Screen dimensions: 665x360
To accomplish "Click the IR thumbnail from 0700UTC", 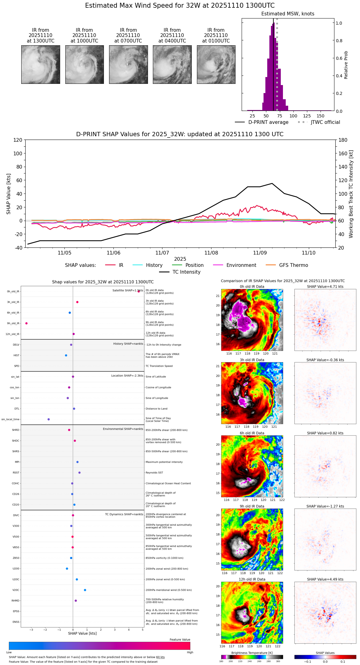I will [128, 64].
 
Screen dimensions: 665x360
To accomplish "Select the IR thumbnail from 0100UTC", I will [216, 64].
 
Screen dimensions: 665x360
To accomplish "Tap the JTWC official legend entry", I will [325, 122].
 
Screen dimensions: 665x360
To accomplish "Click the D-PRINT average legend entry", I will [268, 122].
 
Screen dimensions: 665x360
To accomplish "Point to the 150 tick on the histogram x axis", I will [321, 116].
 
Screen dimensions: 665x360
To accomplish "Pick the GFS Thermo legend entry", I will [293, 265].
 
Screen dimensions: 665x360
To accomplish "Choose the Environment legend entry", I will [241, 265].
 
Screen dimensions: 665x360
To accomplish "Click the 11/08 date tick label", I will [211, 253].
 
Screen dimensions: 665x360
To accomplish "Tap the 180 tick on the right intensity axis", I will [343, 140].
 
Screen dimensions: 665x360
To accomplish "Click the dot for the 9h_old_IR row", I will [27, 323].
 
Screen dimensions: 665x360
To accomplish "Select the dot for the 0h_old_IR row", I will [139, 291].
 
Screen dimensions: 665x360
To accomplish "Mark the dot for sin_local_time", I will [49, 419].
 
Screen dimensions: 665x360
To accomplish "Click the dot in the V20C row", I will [85, 590].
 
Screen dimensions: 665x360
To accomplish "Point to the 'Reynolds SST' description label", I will [154, 473].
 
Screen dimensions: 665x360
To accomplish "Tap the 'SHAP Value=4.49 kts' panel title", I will [325, 579].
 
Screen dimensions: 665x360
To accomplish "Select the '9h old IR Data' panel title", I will [252, 506].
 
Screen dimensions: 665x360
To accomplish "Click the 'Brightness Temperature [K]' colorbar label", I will [252, 653].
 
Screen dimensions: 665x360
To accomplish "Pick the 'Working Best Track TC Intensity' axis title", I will [351, 194].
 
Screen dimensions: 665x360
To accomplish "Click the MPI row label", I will [17, 462].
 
